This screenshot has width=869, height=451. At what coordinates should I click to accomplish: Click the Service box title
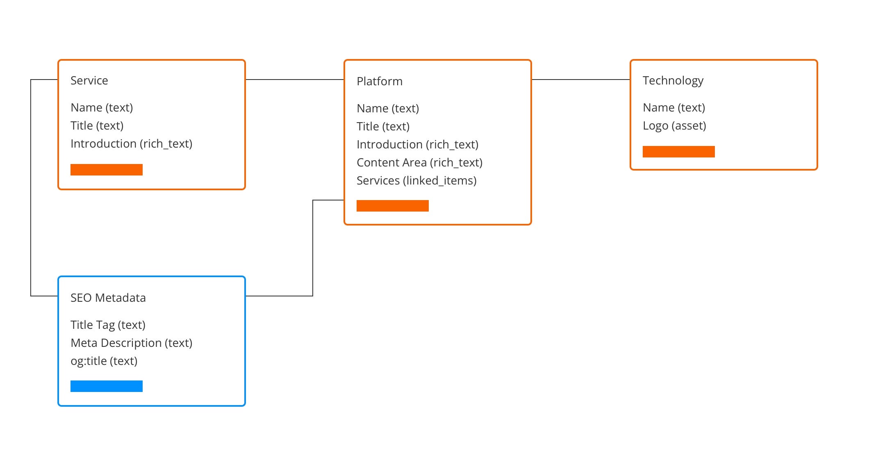click(x=89, y=80)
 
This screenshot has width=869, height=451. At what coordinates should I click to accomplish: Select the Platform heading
click(x=379, y=81)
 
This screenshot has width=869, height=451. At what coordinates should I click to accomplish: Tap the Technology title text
click(x=673, y=80)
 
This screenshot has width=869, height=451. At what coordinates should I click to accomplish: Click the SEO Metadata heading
click(x=108, y=298)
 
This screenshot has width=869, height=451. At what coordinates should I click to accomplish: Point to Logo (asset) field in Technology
click(x=674, y=125)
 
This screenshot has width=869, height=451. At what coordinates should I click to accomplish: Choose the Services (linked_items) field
click(x=416, y=180)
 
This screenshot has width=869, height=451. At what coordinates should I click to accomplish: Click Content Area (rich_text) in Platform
click(x=419, y=162)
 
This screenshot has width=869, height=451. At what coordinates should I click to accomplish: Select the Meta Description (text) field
click(x=131, y=343)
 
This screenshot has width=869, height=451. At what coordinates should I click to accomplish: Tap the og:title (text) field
click(x=104, y=361)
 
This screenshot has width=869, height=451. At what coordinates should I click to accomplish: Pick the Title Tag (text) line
click(x=108, y=325)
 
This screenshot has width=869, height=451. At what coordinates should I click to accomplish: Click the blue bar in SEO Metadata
click(x=106, y=386)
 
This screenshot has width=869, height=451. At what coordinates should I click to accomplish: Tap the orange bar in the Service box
click(x=106, y=170)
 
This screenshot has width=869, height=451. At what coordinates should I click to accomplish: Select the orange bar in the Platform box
click(x=392, y=206)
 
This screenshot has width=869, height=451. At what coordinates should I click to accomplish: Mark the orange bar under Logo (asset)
click(x=678, y=152)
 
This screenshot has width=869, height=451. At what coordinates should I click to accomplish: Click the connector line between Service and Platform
click(x=294, y=80)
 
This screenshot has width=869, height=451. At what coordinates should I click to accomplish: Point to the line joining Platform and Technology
click(x=580, y=80)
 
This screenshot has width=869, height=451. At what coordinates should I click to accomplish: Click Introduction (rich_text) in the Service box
click(x=131, y=143)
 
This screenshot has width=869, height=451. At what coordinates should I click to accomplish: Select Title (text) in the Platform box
click(x=383, y=126)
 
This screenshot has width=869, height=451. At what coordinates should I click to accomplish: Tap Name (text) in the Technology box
click(x=673, y=107)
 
